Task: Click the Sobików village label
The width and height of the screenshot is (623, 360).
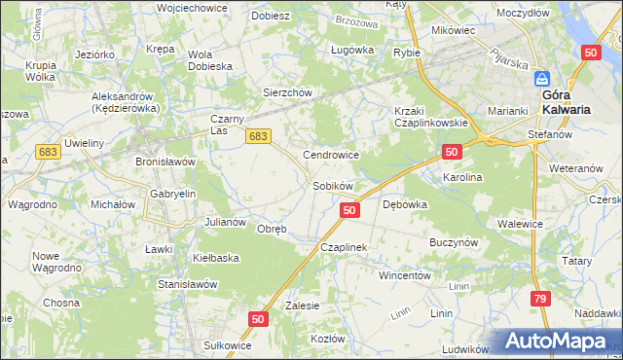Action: [x=332, y=185]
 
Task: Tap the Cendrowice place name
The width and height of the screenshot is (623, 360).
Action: [x=332, y=155]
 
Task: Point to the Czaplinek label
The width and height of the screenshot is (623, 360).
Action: [x=344, y=248]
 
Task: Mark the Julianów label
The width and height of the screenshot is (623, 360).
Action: [x=225, y=222]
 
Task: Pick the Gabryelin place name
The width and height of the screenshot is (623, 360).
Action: [x=173, y=194]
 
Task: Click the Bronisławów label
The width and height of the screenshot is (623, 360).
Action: [x=165, y=161]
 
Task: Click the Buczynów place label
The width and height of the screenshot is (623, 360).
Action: [x=453, y=239]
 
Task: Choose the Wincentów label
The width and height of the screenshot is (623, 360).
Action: [x=405, y=275]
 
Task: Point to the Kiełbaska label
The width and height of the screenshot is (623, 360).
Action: [x=216, y=258]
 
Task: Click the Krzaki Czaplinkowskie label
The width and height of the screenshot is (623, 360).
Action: [x=431, y=117]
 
